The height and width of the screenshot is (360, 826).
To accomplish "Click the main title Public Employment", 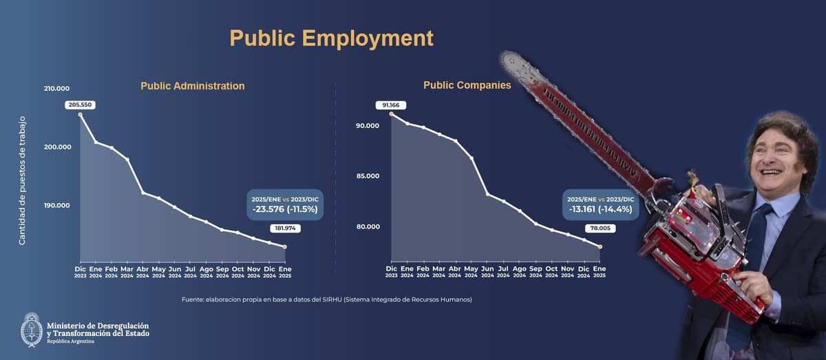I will pos(331,38).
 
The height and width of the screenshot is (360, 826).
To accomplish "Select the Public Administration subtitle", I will pos(192,86).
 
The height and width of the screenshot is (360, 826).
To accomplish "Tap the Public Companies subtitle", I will pos(467,85).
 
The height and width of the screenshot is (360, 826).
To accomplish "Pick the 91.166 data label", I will pos(391,105).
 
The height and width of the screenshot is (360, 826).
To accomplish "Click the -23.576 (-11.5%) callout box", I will pos(284,204).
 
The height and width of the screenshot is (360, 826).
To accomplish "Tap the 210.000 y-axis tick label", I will pos(56,89).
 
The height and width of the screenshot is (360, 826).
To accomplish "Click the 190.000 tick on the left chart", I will pos(56,206).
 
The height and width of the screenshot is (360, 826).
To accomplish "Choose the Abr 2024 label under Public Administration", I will pos(142,271).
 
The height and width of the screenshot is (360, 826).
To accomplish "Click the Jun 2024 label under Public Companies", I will pos(487,271).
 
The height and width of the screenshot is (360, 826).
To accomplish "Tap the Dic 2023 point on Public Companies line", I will pos(391,114).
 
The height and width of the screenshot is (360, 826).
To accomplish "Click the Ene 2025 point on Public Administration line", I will pos(285,246).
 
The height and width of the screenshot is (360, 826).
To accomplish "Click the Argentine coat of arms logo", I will pos(31,329).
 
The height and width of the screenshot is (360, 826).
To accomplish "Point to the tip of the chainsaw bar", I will pos(506,59).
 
